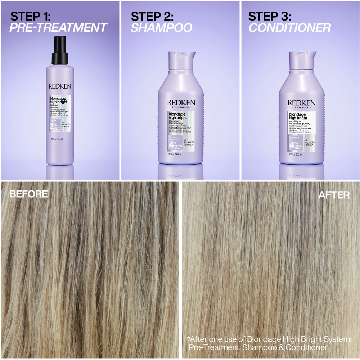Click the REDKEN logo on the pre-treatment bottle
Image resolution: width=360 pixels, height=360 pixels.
60,86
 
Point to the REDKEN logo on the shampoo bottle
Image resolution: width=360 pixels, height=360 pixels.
181,103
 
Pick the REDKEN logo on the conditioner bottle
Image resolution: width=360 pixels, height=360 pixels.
302,103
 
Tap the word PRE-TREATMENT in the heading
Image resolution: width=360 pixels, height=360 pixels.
58,28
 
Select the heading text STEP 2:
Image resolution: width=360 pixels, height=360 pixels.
152,16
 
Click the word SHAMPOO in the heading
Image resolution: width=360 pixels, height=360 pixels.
161,28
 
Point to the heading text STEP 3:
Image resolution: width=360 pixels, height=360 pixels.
270,16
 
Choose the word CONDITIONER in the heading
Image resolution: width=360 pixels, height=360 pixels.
289,28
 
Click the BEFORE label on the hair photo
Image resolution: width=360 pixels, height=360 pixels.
28,194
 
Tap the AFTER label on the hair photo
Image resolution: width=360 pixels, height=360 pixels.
334,195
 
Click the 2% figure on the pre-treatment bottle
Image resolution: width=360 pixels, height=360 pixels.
53,126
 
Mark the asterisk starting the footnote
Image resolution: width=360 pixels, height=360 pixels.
188,339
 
